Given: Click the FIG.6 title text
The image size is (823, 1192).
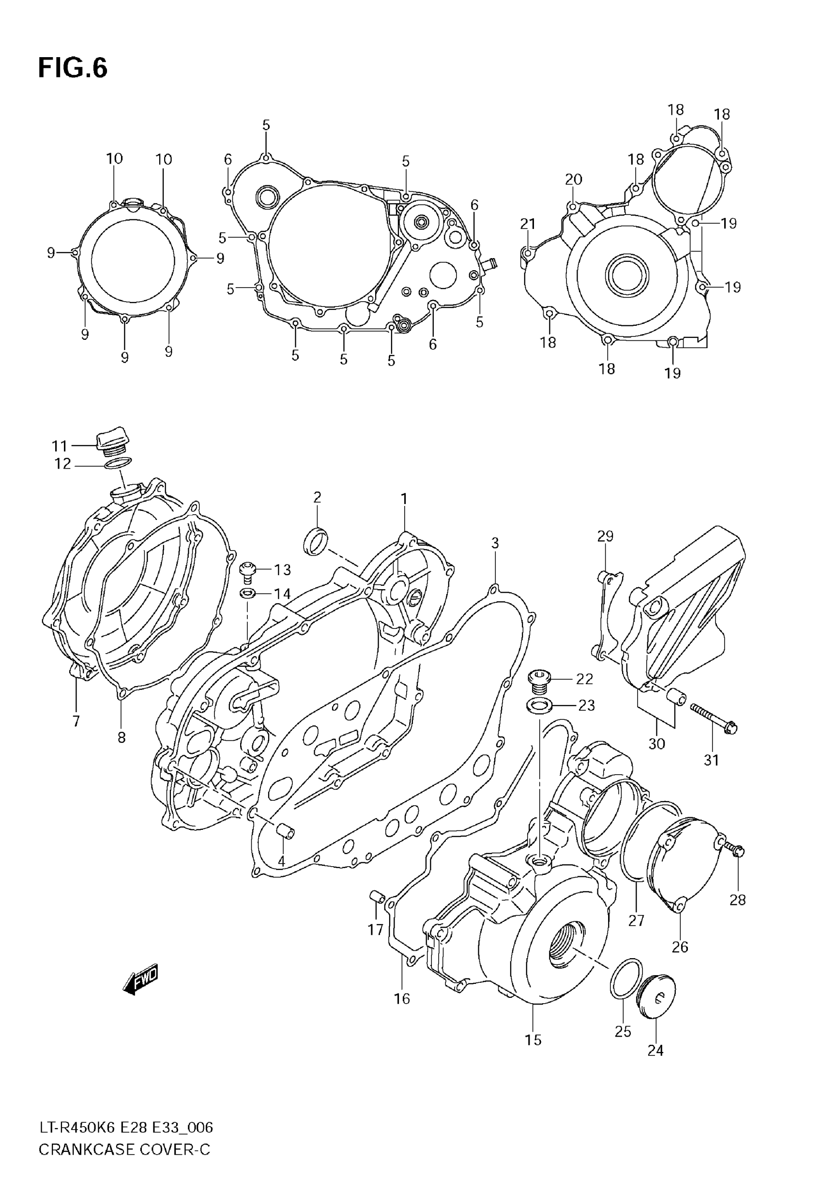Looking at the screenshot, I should point(73,69).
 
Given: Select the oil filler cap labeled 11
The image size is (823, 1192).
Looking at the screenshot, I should point(113,443).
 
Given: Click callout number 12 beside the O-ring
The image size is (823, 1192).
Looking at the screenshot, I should point(62,464).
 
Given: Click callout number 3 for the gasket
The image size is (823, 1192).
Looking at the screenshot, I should point(494,543).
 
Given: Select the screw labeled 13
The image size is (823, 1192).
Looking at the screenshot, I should point(247,571).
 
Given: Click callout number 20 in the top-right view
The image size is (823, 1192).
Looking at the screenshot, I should point(573,180).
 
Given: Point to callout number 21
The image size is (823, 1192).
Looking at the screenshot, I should point(528,224).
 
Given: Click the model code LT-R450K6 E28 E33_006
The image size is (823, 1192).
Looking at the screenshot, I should point(126,1128).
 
